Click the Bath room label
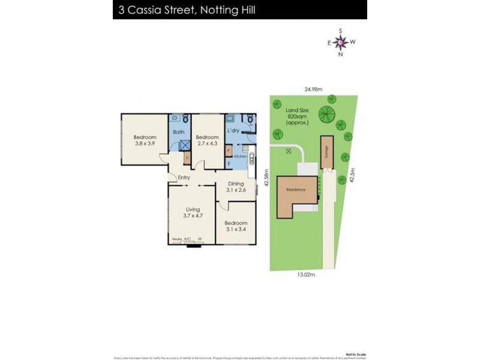[x=178, y=132]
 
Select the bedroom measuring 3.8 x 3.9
[x=145, y=140]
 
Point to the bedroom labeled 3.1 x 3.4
[x=236, y=227]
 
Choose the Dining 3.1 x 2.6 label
[x=235, y=187]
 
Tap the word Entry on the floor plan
[x=185, y=177]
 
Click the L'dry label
[x=234, y=130]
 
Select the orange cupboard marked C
[x=187, y=158]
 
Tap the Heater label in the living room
[x=177, y=239]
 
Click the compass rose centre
[x=340, y=42]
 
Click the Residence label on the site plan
[x=296, y=190]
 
